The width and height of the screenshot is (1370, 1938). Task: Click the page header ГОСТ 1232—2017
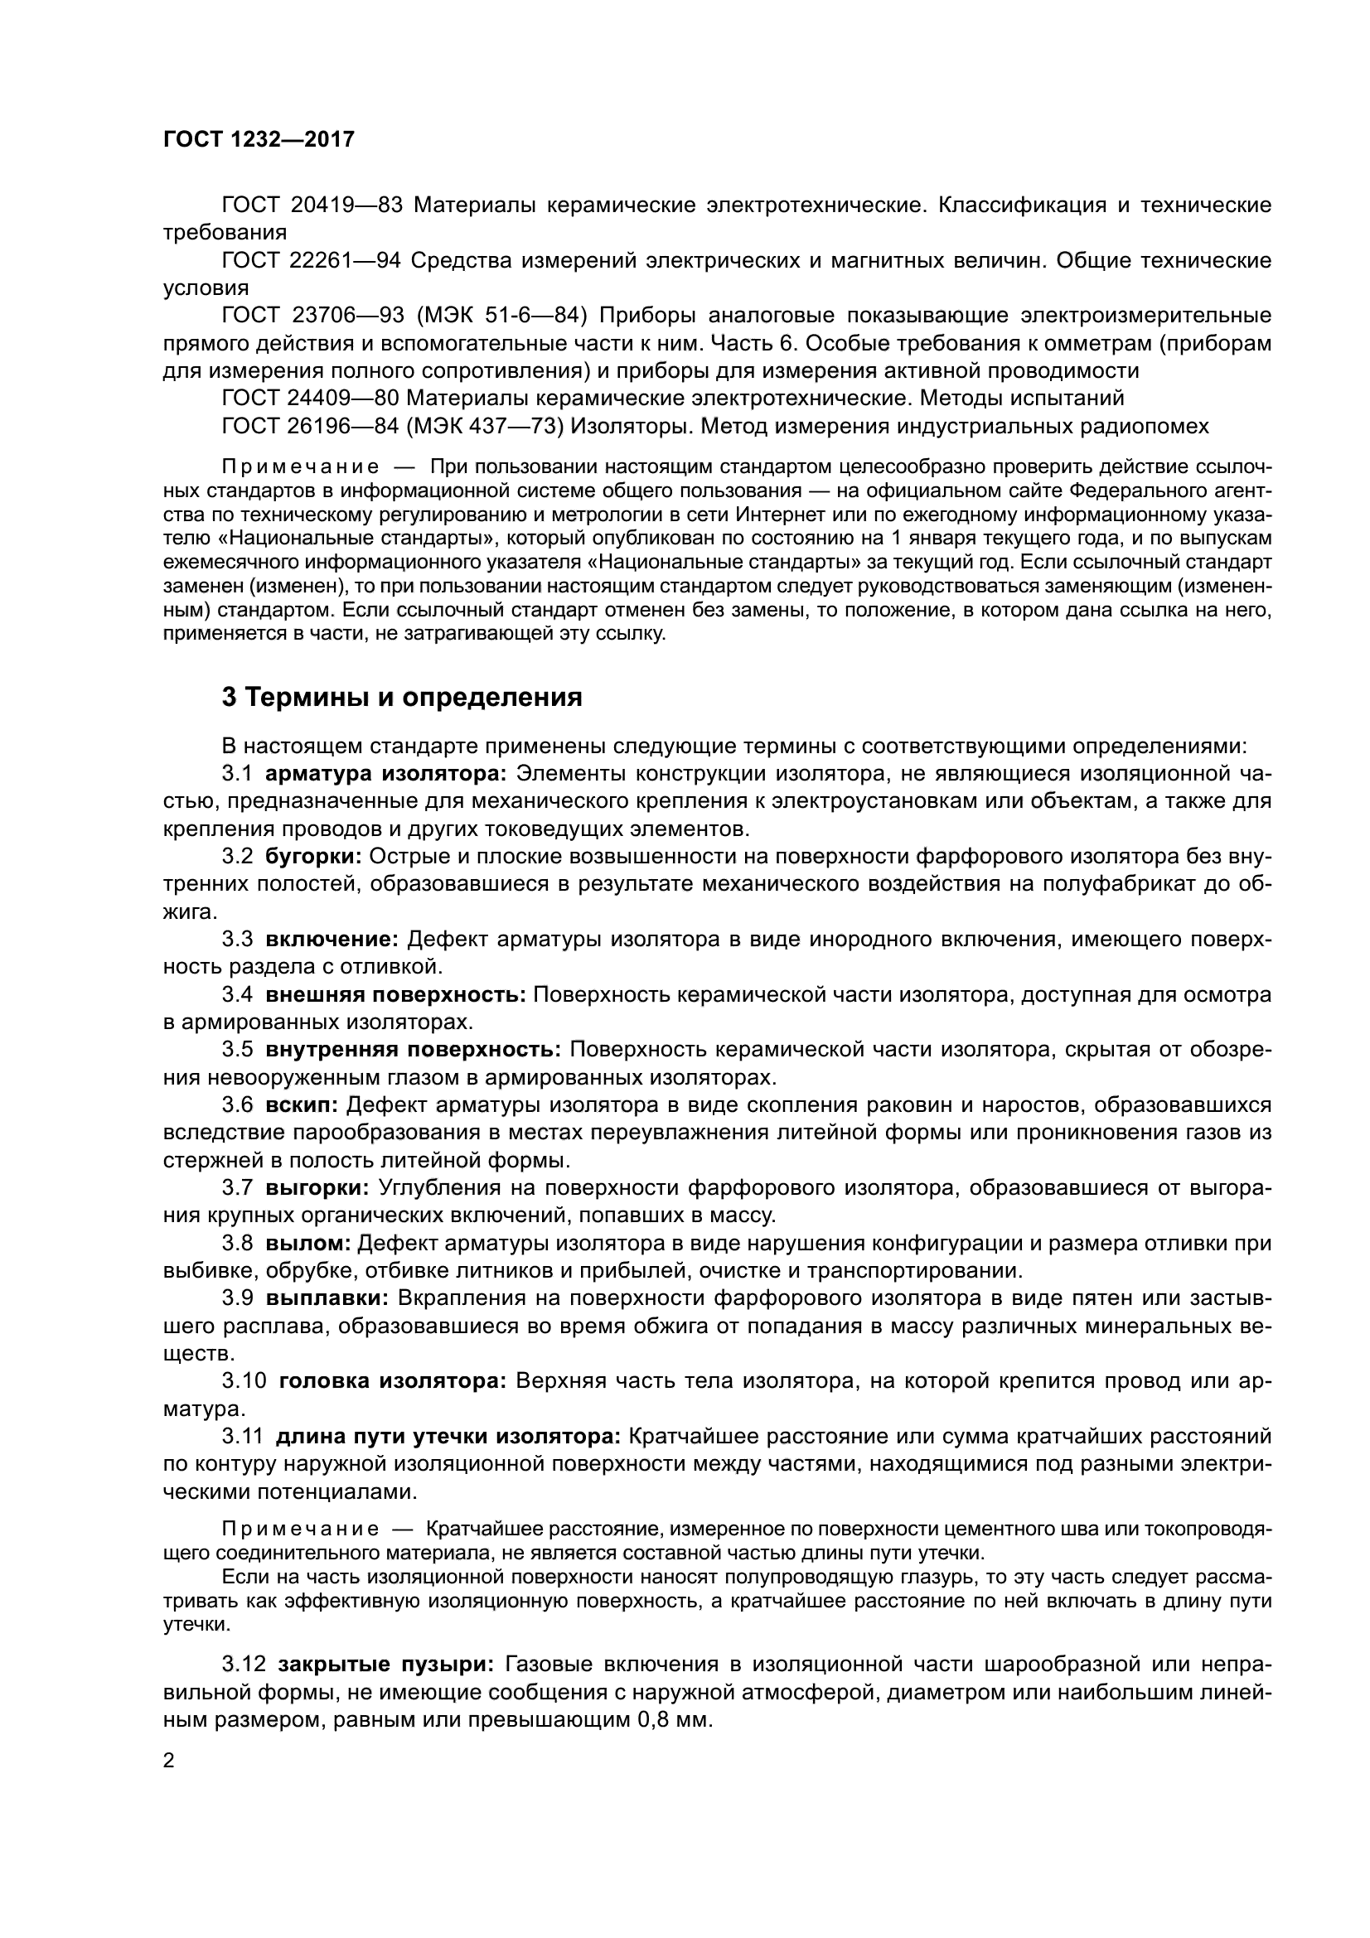point(259,139)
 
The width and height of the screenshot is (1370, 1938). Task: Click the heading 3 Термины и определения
point(402,697)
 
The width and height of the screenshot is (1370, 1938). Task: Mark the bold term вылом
point(308,1244)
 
